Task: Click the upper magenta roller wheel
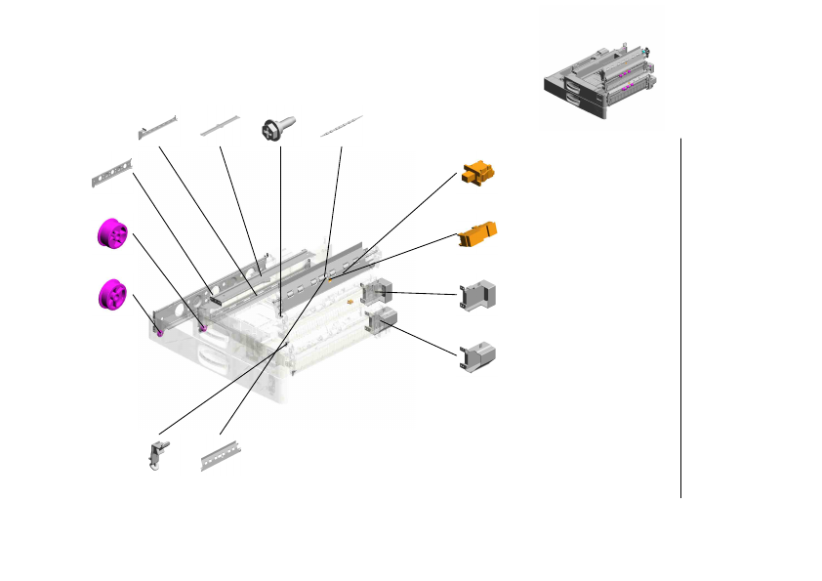(113, 236)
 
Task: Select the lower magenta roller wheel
(114, 293)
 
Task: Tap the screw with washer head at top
(274, 130)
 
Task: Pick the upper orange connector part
(478, 174)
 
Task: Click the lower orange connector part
(478, 233)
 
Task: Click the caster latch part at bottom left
(156, 457)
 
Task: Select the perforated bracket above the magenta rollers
(111, 174)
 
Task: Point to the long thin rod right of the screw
(342, 125)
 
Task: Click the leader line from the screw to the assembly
(280, 225)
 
